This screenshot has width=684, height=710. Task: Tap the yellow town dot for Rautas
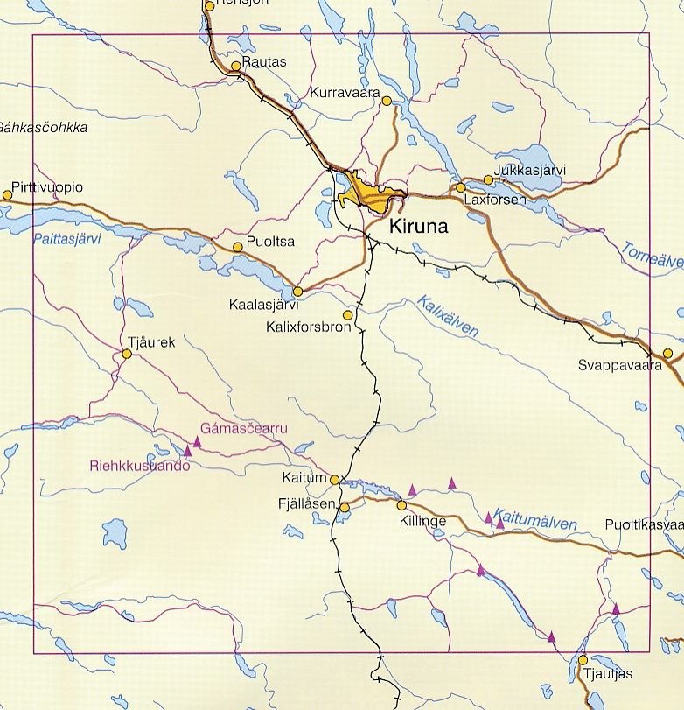235,66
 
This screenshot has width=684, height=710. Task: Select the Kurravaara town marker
387,102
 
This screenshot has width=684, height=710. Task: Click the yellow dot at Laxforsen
461,187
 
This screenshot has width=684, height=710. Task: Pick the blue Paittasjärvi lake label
66,238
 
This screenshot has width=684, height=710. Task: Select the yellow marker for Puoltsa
237,248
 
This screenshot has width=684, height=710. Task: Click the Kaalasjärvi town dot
297,292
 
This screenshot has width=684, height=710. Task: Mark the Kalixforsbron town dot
348,315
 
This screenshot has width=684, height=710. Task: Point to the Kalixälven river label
448,316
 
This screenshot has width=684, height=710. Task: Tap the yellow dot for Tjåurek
127,355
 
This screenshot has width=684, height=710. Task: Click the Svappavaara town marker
667,354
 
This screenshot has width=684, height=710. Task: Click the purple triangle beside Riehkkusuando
188,453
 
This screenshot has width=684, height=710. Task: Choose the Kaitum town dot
334,479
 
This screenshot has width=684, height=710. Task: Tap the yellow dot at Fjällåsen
345,507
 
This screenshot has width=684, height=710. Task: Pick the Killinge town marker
401,505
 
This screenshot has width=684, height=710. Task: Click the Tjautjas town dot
583,659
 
